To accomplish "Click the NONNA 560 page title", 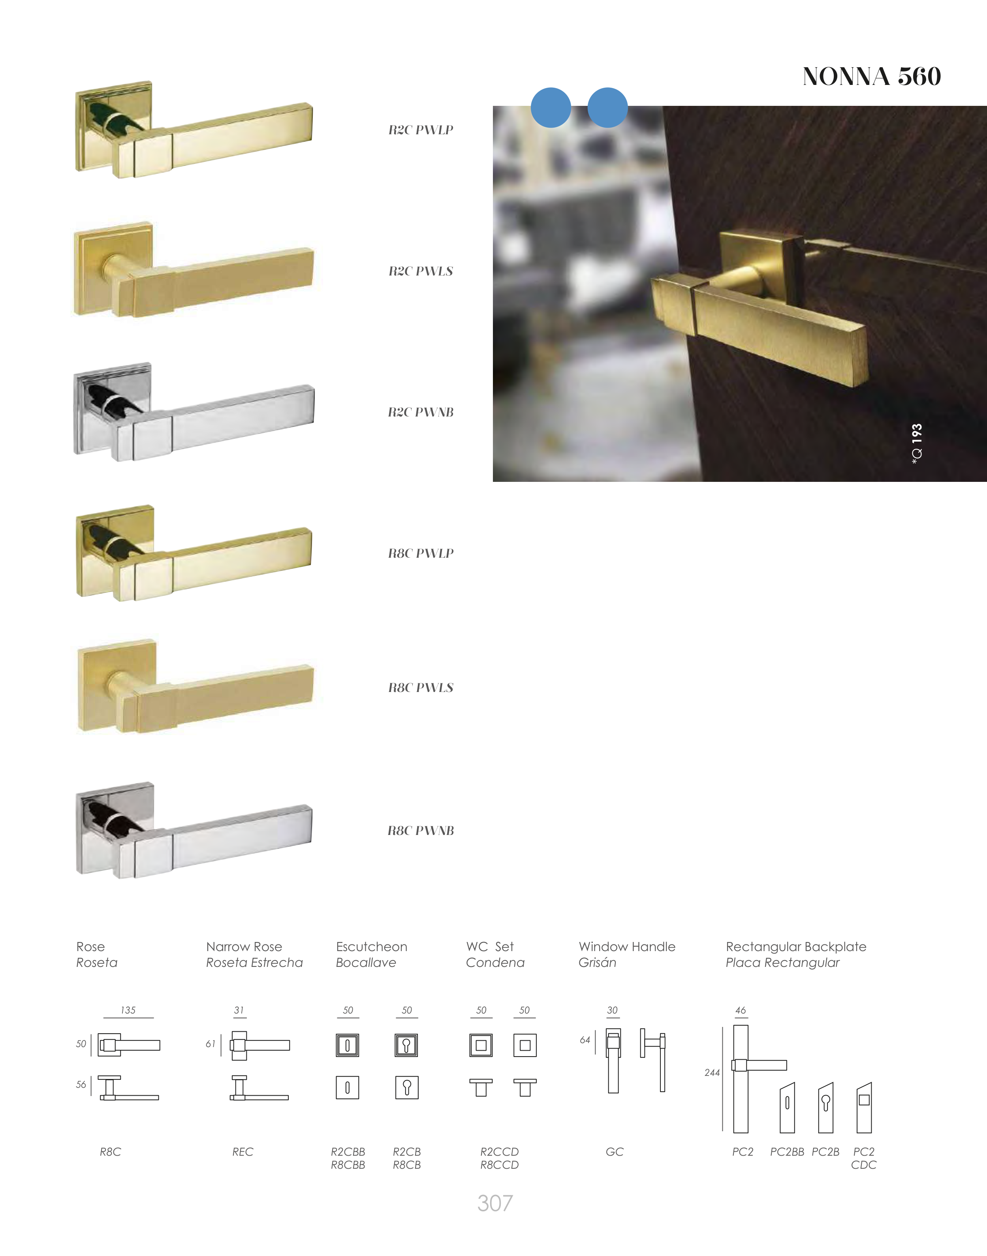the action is point(871,76).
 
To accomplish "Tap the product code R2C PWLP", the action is point(421,130).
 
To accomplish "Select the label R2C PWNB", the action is point(421,412).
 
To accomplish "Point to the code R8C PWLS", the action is point(421,688).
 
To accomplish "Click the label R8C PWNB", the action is point(421,830).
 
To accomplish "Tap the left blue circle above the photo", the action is point(551,107).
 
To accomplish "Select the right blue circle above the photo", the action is point(607,107).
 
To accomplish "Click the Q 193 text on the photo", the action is point(916,444).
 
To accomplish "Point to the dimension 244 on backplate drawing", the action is point(712,1072).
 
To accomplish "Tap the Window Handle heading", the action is point(627,946).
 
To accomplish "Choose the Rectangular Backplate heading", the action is point(796,946).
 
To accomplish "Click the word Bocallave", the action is point(366,963).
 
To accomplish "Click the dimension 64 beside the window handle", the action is point(585,1040).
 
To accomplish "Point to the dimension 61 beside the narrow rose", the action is point(211,1044).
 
